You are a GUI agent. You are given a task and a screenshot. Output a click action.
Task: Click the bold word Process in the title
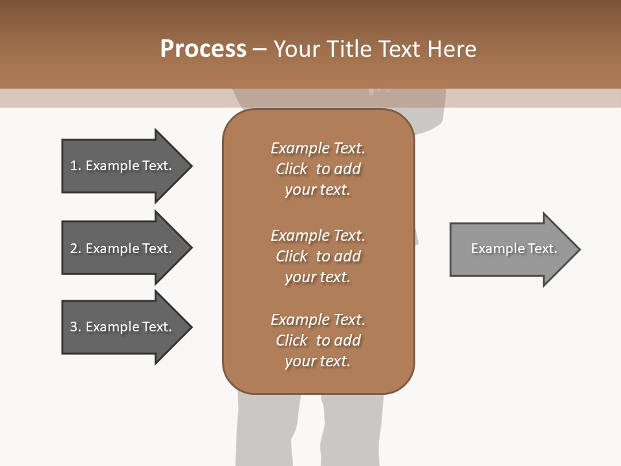tap(203, 49)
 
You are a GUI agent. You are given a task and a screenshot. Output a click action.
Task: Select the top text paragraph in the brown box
tap(318, 169)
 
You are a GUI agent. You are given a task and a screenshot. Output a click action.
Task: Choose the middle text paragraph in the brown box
tap(318, 256)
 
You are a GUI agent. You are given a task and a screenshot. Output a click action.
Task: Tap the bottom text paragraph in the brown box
tap(318, 340)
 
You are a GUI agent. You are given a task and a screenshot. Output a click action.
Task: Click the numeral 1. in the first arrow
tap(75, 166)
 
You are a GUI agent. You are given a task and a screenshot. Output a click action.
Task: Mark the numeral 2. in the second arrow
tap(75, 249)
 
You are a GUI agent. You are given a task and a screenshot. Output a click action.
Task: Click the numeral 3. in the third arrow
tap(75, 327)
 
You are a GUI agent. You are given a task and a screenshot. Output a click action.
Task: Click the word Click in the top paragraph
tap(292, 169)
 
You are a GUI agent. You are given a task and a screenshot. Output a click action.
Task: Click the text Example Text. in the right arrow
tap(514, 249)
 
